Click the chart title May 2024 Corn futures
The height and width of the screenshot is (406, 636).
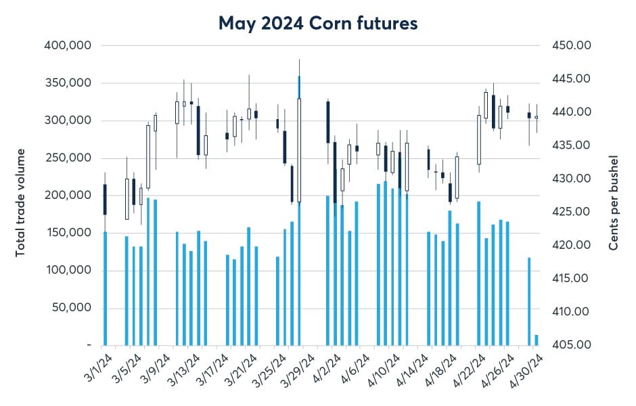tap(317, 23)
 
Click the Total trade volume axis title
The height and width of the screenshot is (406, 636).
tap(21, 202)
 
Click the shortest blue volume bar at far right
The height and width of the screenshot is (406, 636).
tap(537, 340)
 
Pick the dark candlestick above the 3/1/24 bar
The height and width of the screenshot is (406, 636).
tap(105, 200)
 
